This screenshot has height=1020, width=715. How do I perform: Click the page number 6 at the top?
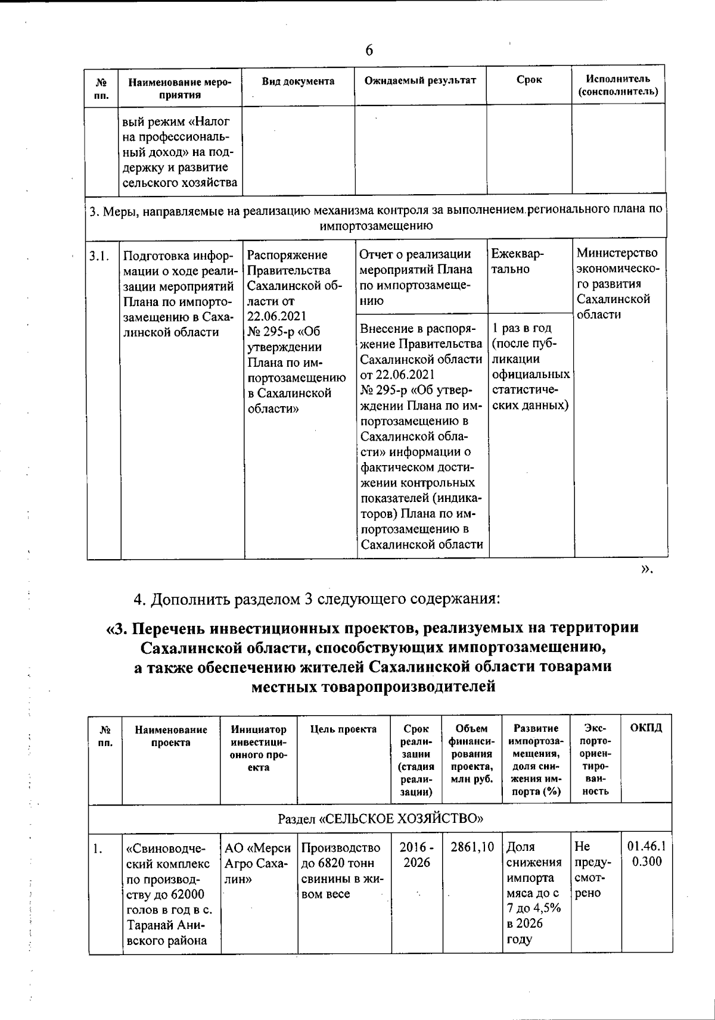coord(369,51)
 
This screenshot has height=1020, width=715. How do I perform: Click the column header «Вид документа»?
coord(299,81)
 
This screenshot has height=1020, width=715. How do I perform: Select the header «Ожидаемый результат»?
coord(421,80)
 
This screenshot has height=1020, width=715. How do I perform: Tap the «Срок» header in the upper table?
coord(529,80)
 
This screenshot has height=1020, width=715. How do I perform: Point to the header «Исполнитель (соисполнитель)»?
coord(618,86)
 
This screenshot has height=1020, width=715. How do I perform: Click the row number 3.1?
coord(100,257)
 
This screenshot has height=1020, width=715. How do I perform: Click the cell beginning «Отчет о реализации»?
coord(421,277)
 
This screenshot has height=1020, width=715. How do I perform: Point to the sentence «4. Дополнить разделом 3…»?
coord(316,598)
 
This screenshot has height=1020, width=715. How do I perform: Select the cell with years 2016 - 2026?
coord(416,854)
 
